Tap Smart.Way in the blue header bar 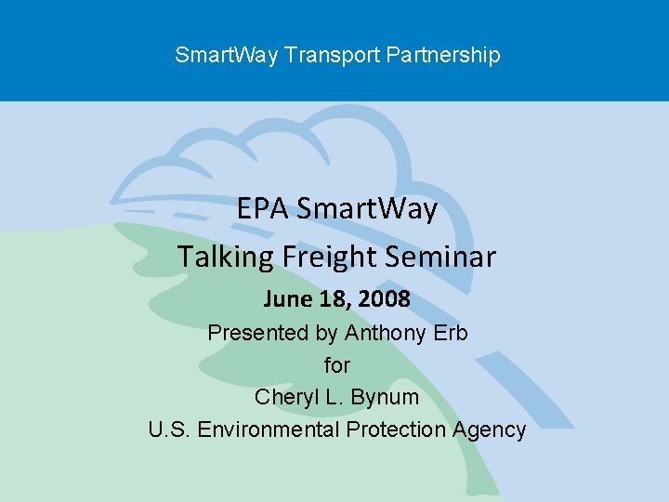point(227,55)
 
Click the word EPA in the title point(263,209)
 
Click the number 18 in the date point(332,299)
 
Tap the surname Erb point(450,332)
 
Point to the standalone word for point(336,364)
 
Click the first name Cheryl point(285,397)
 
